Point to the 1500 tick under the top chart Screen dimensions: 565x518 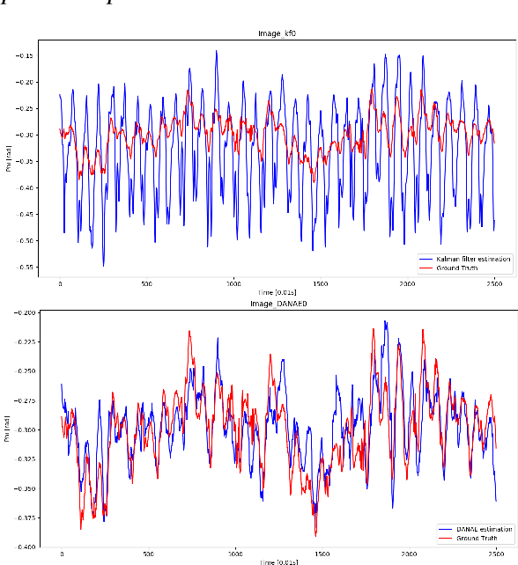321,284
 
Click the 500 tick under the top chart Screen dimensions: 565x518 147,284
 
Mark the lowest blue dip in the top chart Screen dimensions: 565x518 103,264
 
